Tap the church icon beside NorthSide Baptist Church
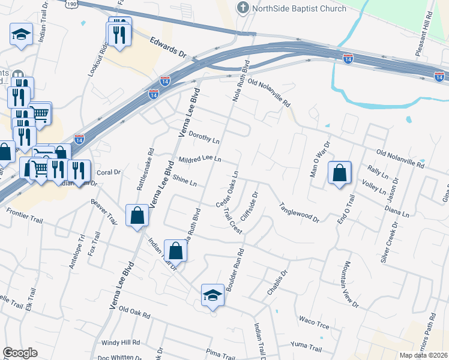243,8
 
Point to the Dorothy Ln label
204,138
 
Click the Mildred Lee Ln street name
200,160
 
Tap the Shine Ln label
185,179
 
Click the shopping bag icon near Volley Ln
340,173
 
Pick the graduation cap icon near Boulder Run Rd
212,295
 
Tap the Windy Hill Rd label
120,343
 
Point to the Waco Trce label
315,323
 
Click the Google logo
20,353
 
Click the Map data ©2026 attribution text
423,355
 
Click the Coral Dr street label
109,172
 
